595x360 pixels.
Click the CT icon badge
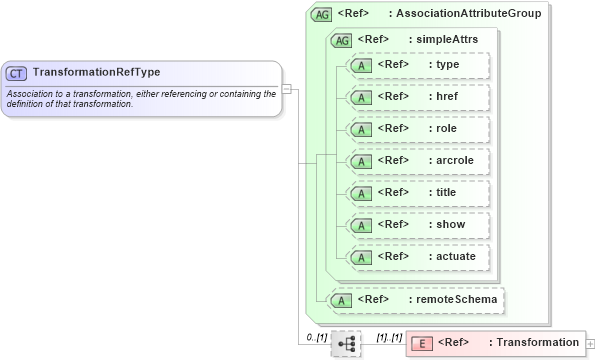[17, 73]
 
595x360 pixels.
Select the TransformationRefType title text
[96, 72]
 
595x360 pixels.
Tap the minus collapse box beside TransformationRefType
[286, 88]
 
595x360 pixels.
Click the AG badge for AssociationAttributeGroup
[323, 15]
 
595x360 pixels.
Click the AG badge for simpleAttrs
[341, 40]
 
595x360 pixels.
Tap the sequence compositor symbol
[347, 343]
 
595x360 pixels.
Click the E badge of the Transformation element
[422, 343]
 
